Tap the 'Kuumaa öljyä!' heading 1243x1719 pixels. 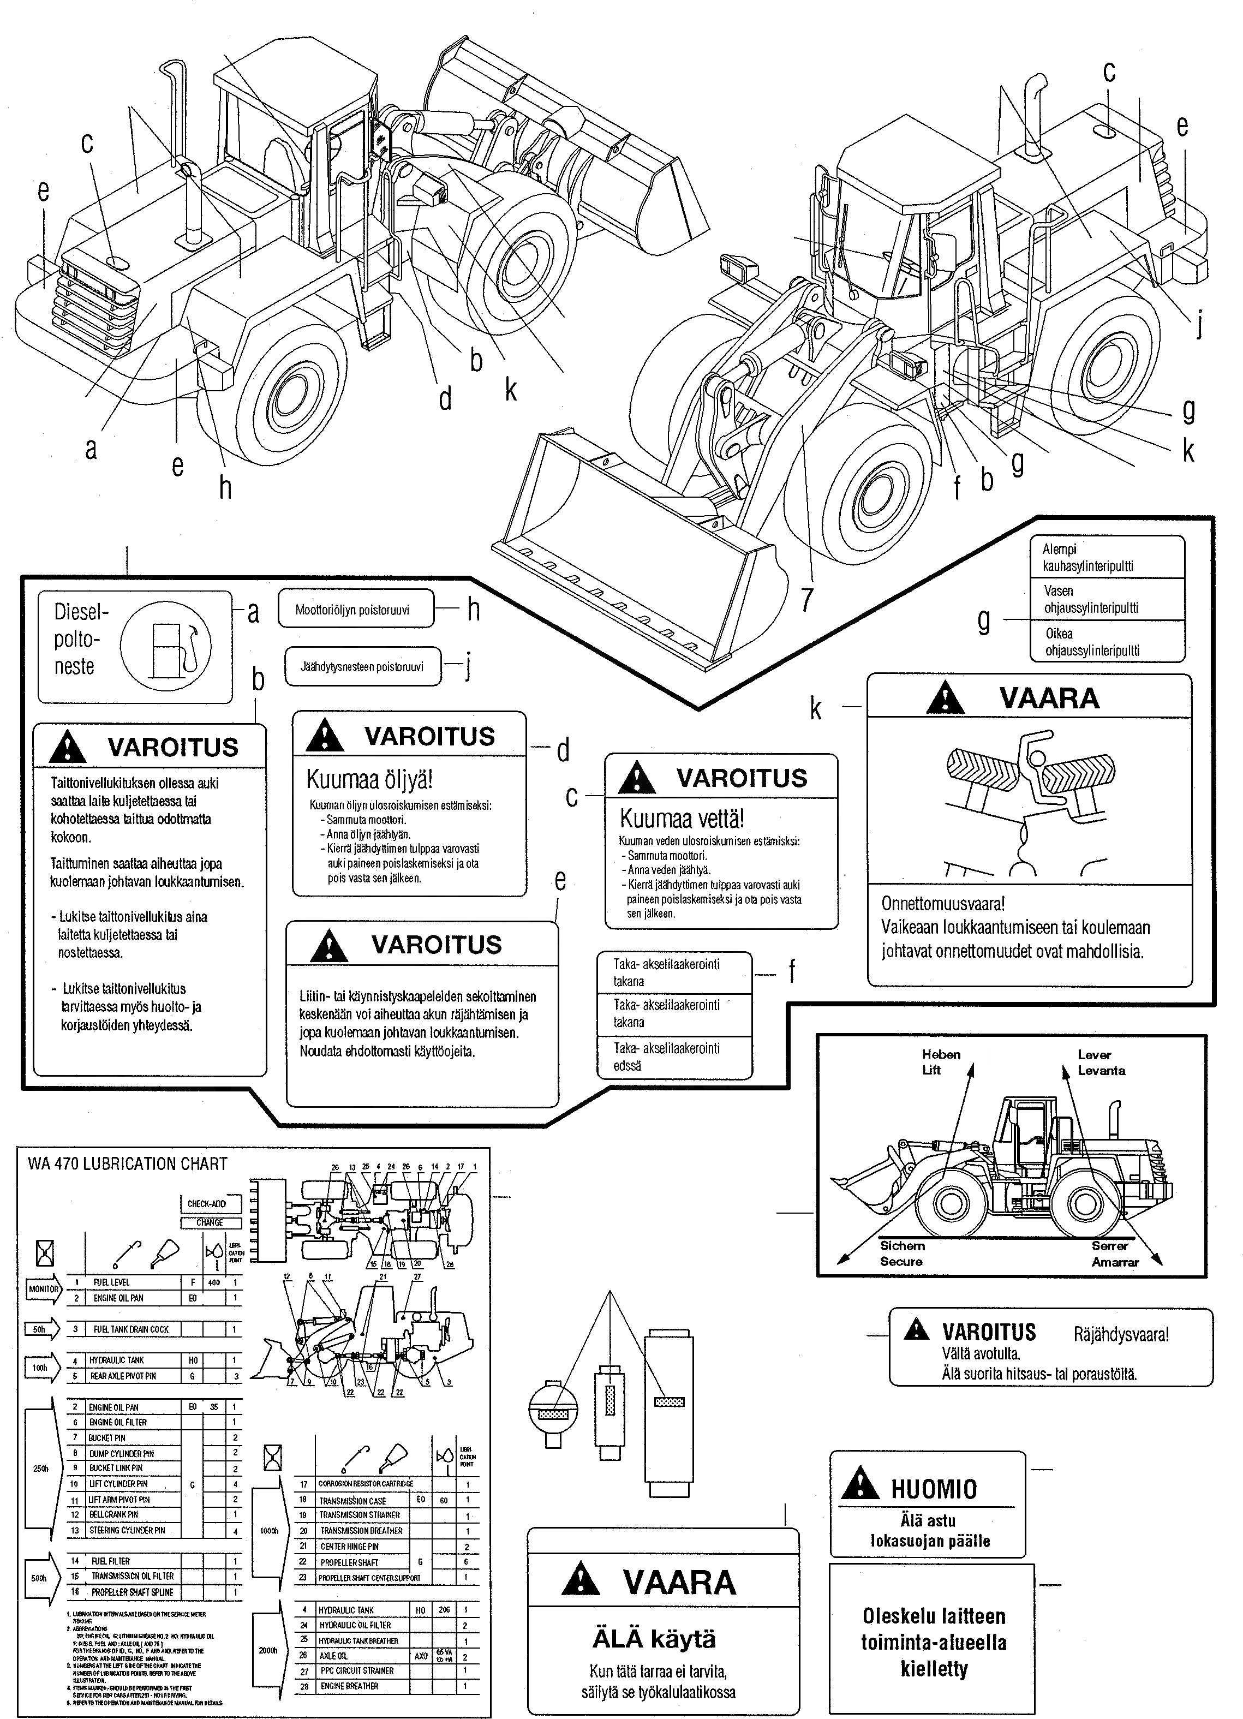coord(369,780)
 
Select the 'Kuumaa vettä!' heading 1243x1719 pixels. coord(682,819)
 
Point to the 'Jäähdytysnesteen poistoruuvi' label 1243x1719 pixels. coord(362,667)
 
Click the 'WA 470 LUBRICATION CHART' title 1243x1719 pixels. coord(127,1164)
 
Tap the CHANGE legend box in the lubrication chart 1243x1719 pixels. coord(210,1222)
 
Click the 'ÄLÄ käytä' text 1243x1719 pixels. coord(654,1639)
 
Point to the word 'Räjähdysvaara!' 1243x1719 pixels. coord(1121,1335)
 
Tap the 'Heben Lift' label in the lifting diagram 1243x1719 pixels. coord(941,1062)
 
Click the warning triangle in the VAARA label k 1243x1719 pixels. coord(945,698)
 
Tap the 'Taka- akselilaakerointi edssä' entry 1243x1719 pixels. coord(666,1057)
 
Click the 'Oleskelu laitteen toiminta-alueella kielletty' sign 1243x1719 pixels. coord(933,1643)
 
